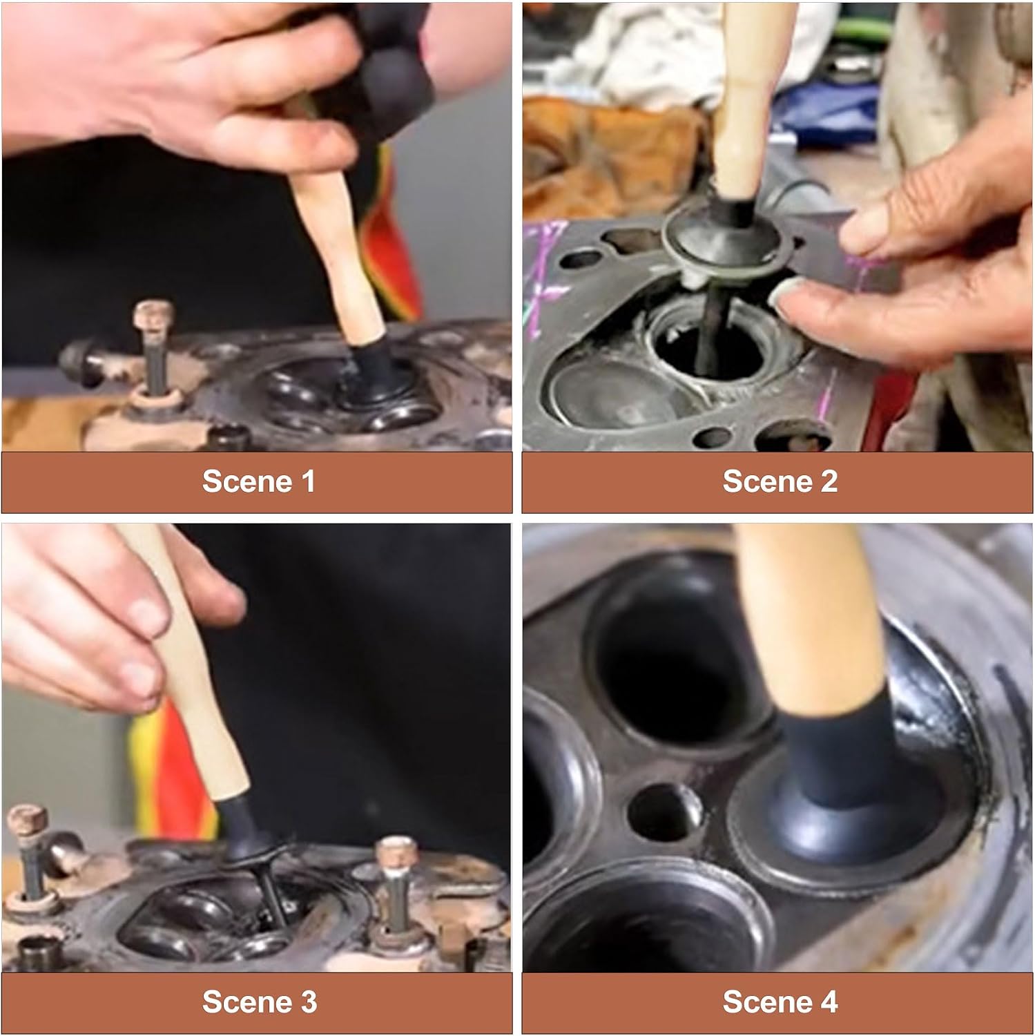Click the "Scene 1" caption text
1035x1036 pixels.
point(258,481)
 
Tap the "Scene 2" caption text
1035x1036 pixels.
point(780,481)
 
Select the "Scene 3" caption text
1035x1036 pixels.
point(259,1001)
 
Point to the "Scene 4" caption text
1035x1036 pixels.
point(780,1001)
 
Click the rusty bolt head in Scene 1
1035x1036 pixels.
point(153,313)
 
